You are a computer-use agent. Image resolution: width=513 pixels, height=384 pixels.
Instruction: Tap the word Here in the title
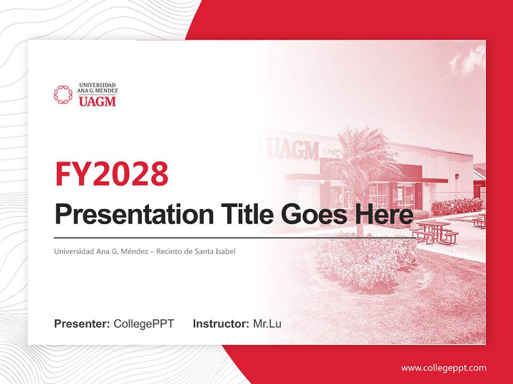click(x=383, y=215)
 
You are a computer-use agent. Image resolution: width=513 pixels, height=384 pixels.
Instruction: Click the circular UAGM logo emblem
click(x=63, y=94)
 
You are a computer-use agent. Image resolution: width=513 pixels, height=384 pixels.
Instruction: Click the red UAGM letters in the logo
click(x=97, y=101)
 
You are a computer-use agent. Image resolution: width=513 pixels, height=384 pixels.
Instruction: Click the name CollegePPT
click(x=144, y=324)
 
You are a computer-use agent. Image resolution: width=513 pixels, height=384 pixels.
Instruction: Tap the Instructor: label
click(x=221, y=324)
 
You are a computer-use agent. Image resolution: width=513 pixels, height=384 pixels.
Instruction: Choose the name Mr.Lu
click(x=267, y=324)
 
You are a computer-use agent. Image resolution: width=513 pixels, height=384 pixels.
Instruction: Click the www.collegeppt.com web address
click(x=444, y=367)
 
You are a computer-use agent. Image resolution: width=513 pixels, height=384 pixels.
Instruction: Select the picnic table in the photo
click(x=436, y=233)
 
